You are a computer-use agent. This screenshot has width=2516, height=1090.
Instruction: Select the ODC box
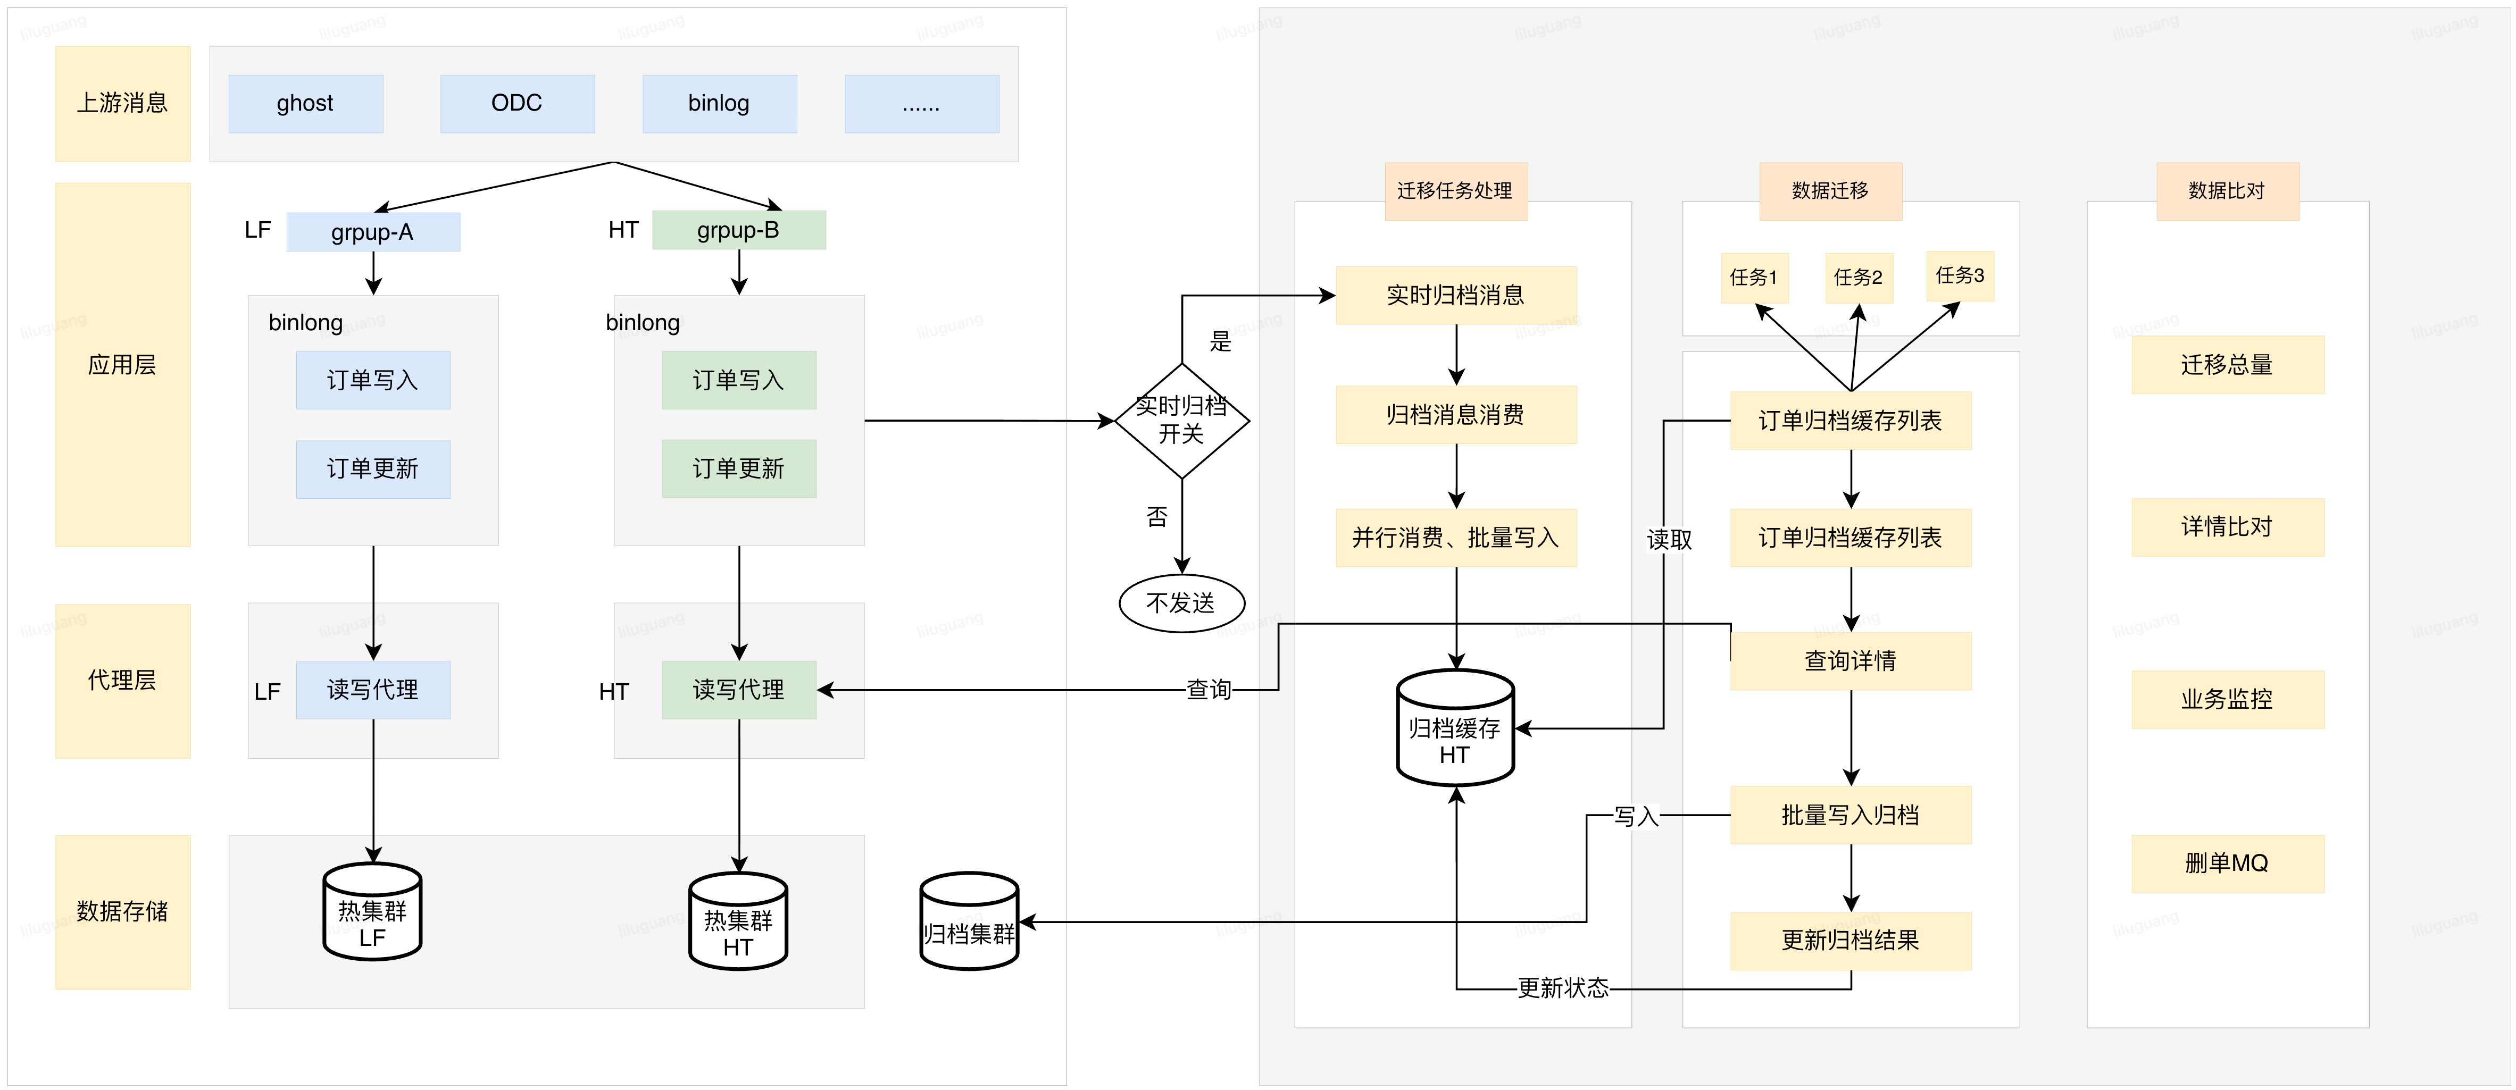pyautogui.click(x=516, y=104)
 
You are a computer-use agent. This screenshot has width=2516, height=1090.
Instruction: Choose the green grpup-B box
pyautogui.click(x=738, y=231)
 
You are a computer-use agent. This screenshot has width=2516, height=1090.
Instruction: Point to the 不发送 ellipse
pyautogui.click(x=1181, y=603)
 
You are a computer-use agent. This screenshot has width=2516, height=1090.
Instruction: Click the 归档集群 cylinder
pyautogui.click(x=969, y=922)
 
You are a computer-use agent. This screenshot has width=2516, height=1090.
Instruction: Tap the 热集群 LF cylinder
pyautogui.click(x=372, y=912)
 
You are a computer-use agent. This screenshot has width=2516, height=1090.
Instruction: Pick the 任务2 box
pyautogui.click(x=1857, y=278)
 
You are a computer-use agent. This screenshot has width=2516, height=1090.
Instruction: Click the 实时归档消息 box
pyautogui.click(x=1455, y=295)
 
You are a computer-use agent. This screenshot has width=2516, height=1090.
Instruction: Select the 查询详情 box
pyautogui.click(x=1850, y=661)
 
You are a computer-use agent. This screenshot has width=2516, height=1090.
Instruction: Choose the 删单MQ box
pyautogui.click(x=2227, y=863)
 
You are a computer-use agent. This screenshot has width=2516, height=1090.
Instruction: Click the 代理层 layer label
pyautogui.click(x=122, y=681)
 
